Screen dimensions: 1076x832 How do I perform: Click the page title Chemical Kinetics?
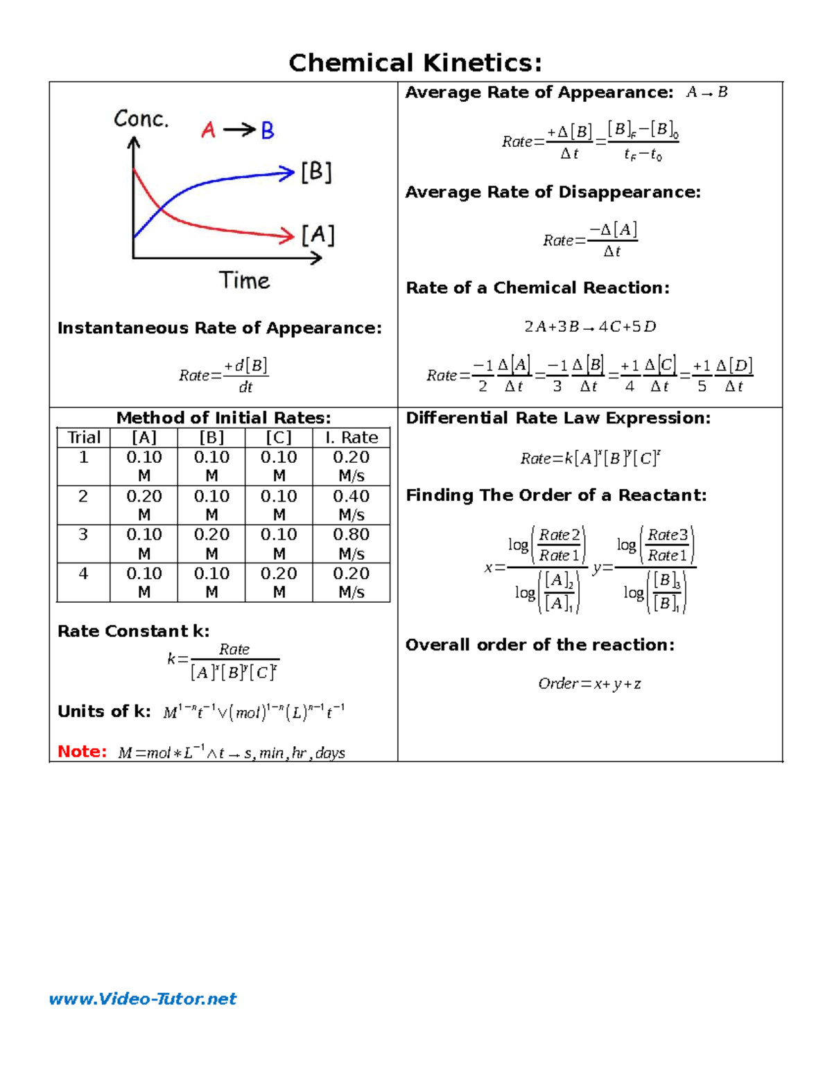(415, 63)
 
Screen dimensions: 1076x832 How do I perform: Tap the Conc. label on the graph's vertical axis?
(141, 119)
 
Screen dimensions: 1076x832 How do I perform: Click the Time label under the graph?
(244, 281)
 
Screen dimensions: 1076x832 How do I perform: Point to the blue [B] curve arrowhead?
(287, 173)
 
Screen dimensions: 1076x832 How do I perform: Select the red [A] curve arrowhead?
(287, 236)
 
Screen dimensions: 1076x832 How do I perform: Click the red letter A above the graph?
(208, 130)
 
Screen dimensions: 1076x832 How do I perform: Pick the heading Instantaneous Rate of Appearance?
(219, 328)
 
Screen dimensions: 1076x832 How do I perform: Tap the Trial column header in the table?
(84, 437)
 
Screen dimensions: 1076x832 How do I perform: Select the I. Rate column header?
(351, 437)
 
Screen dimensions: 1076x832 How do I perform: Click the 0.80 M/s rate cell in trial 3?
(351, 543)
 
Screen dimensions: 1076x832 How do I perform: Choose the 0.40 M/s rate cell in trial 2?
(351, 505)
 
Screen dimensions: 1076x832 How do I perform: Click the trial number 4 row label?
(84, 574)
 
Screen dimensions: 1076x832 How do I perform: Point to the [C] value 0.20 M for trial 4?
(279, 582)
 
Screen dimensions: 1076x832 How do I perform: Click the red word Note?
(82, 752)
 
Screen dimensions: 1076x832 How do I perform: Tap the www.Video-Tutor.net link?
(143, 998)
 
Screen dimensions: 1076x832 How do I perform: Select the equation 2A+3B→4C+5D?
(590, 326)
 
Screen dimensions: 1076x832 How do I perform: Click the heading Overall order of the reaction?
(539, 645)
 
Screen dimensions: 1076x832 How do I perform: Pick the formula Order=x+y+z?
(589, 684)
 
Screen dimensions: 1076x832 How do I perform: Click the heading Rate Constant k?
(133, 631)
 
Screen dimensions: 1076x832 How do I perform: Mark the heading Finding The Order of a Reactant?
(556, 495)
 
